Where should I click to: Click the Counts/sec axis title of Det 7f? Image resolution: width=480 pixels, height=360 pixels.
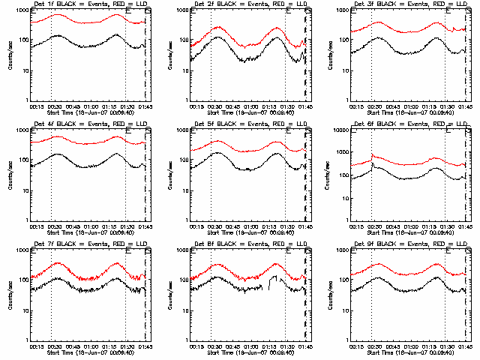pos(10,295)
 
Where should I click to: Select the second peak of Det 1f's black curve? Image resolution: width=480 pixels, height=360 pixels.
pos(116,34)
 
